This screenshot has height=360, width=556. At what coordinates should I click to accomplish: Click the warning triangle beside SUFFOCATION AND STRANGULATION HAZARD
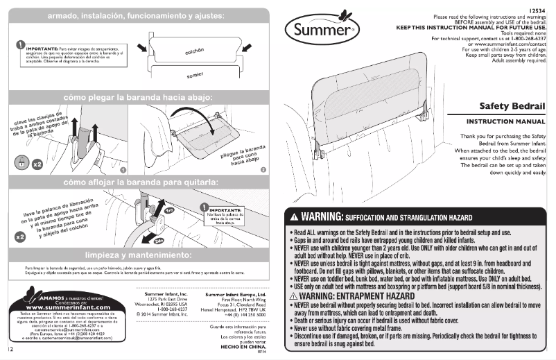point(294,216)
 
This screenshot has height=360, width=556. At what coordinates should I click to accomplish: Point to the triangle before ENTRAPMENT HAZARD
point(293,296)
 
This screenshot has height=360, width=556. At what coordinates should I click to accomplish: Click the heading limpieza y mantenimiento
point(137,255)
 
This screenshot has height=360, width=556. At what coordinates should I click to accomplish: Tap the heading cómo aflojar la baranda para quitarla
point(136,182)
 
